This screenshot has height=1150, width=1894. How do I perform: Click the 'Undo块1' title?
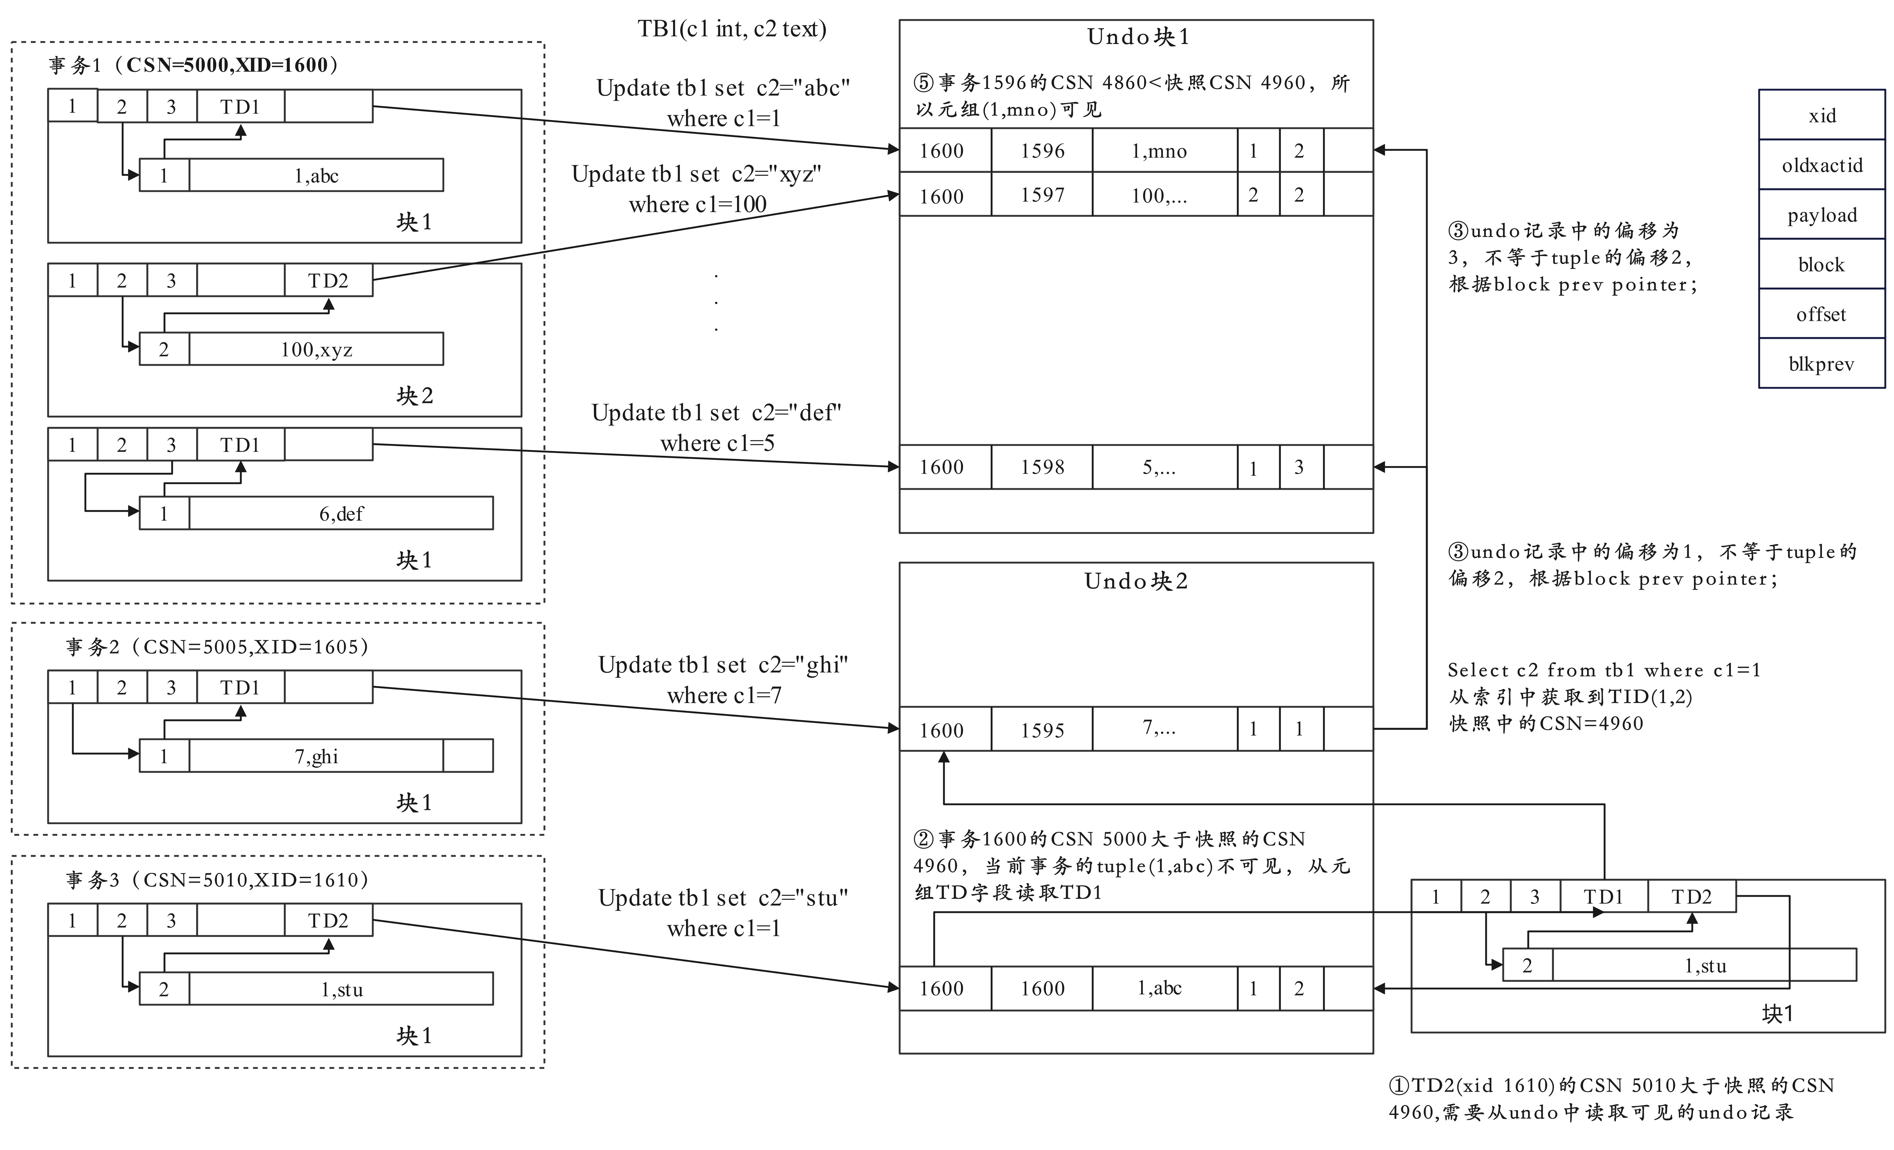coord(1138,37)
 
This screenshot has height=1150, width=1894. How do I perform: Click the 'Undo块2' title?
coord(1136,581)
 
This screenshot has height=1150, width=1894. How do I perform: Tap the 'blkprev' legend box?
coord(1822,364)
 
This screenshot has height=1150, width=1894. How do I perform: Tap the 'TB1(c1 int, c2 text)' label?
coord(732,29)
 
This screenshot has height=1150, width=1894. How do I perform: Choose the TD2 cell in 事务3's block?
coord(328,920)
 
